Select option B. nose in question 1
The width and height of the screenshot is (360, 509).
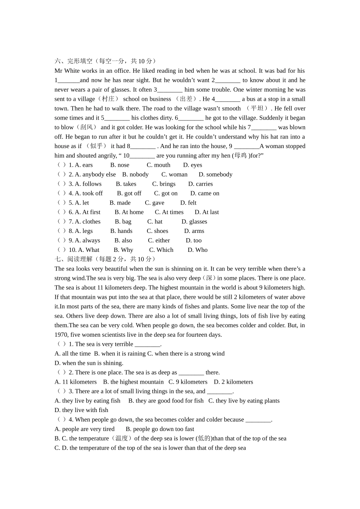[120, 165]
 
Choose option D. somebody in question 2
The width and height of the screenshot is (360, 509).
[215, 175]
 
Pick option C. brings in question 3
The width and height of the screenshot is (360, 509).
[164, 184]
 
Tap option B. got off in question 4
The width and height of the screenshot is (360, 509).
[129, 194]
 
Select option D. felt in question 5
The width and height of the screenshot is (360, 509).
[188, 203]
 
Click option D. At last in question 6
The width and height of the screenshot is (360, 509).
[207, 212]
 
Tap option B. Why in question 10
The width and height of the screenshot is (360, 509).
[124, 250]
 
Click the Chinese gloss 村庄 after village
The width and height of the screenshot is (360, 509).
[108, 99]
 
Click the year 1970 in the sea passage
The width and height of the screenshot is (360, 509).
[61, 335]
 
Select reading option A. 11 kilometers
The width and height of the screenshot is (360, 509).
[75, 382]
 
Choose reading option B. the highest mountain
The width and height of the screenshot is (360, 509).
[133, 382]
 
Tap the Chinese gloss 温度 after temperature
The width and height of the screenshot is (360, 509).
[122, 438]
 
